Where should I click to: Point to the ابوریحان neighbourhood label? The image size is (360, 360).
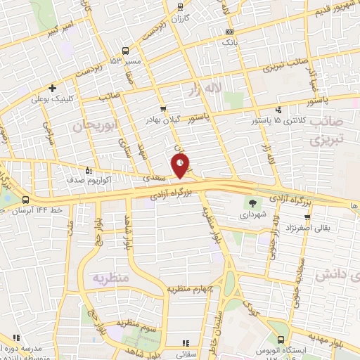pyautogui.click(x=92, y=126)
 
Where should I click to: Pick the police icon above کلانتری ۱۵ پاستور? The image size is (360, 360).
pyautogui.click(x=280, y=110)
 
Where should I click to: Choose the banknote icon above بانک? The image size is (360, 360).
pyautogui.click(x=230, y=32)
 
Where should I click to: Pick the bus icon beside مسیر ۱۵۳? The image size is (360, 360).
pyautogui.click(x=125, y=51)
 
